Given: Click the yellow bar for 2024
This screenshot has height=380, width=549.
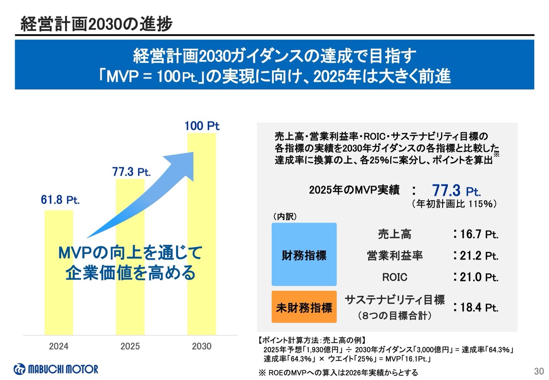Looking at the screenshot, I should [59, 296].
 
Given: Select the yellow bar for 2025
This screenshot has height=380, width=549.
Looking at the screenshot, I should [130, 292].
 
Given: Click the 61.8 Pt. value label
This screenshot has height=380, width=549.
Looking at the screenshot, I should [60, 200].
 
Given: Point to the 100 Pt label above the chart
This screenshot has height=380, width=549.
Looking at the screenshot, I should [202, 126].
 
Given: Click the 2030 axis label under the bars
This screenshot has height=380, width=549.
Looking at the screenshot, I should [202, 346].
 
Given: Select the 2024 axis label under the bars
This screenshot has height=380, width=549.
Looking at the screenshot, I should [59, 346].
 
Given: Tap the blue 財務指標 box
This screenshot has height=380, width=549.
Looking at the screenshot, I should [304, 255].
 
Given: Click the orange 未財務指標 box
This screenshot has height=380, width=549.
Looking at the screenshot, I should [304, 308].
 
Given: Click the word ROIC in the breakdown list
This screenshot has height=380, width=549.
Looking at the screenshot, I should [395, 277].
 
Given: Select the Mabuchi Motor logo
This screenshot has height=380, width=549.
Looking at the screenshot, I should [56, 369].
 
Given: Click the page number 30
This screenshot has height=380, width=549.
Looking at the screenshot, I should [539, 371].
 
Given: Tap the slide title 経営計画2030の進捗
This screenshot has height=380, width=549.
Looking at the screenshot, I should [97, 24].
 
